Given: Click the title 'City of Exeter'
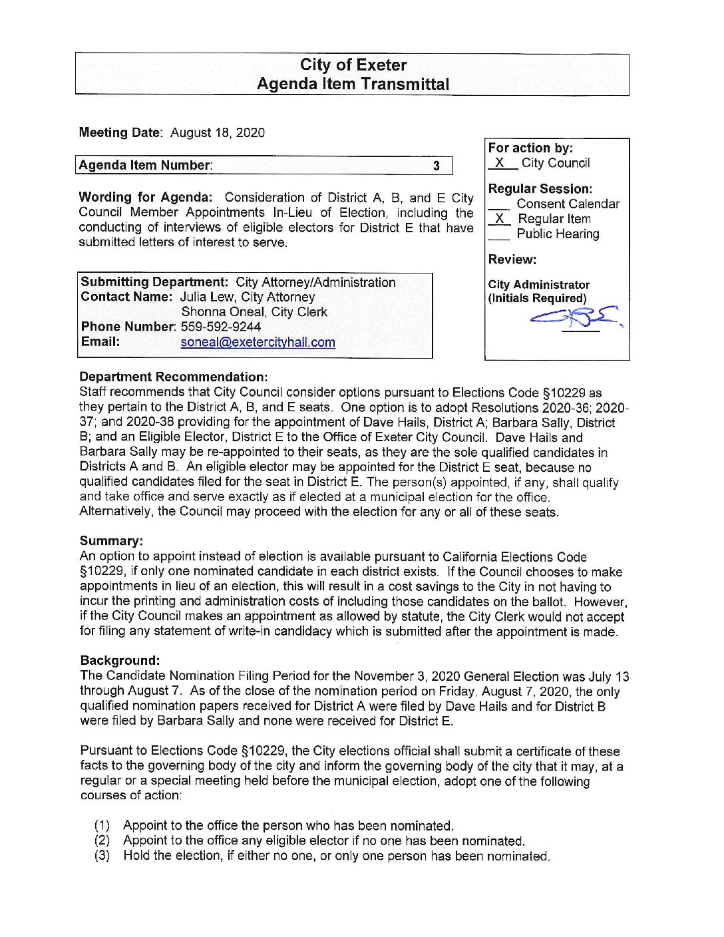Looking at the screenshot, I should coord(353,65).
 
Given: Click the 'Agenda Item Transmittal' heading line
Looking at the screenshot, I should coord(353,85).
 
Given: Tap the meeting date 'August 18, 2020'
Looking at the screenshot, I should coord(217,132).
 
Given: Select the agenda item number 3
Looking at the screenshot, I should coord(437,166).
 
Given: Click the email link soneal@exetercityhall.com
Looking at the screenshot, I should coord(258,342).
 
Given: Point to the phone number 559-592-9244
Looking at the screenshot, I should coord(221,327).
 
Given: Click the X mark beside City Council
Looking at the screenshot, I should coord(500,163).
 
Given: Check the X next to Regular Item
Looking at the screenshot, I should coord(500,219).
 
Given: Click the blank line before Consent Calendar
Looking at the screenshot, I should coord(499,206).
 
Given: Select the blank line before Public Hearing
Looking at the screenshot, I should coord(499,235).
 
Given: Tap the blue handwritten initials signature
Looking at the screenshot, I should coord(576,319).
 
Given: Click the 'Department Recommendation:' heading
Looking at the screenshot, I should coord(174,377).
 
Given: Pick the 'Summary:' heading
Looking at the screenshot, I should coord(111,541).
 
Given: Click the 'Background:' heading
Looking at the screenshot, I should coord(120,660).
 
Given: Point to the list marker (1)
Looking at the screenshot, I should coord(102,826).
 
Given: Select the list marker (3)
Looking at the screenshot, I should coord(102,856).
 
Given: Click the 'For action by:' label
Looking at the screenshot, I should coord(530,148).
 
